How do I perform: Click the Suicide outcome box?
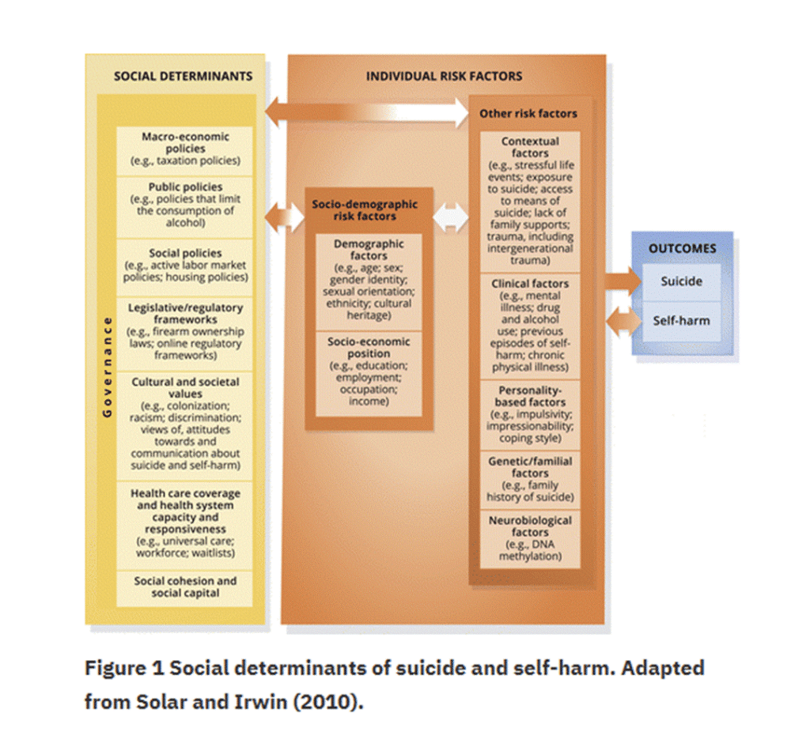(x=681, y=282)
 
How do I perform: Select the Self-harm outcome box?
(x=681, y=322)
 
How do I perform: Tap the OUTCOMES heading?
(x=683, y=248)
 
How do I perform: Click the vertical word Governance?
(x=108, y=367)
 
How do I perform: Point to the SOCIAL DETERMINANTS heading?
(x=184, y=77)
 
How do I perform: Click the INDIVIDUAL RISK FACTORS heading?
(x=445, y=77)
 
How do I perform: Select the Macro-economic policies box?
(x=185, y=151)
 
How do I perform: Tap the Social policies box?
(x=185, y=267)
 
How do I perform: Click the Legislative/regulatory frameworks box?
(x=185, y=334)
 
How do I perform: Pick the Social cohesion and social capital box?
(x=185, y=589)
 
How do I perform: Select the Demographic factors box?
(x=369, y=282)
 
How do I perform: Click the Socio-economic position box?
(x=369, y=374)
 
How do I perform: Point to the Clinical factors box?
(x=530, y=326)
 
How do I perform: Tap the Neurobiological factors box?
(x=530, y=539)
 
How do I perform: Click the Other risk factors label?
(x=528, y=114)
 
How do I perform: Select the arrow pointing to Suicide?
(x=623, y=281)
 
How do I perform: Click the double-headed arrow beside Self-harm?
(x=624, y=322)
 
